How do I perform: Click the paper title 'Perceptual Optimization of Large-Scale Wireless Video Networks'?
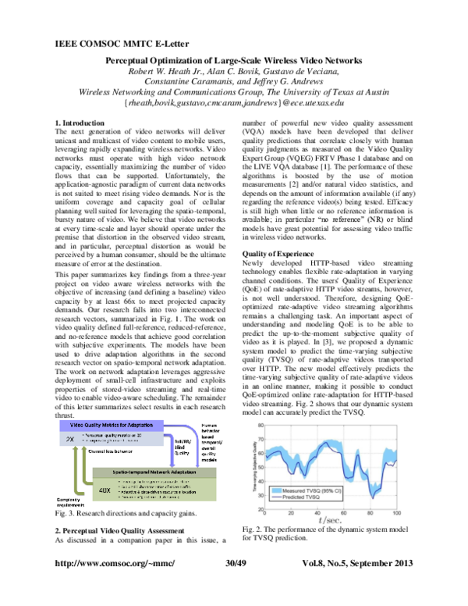(x=234, y=61)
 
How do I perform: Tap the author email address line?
(x=235, y=102)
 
